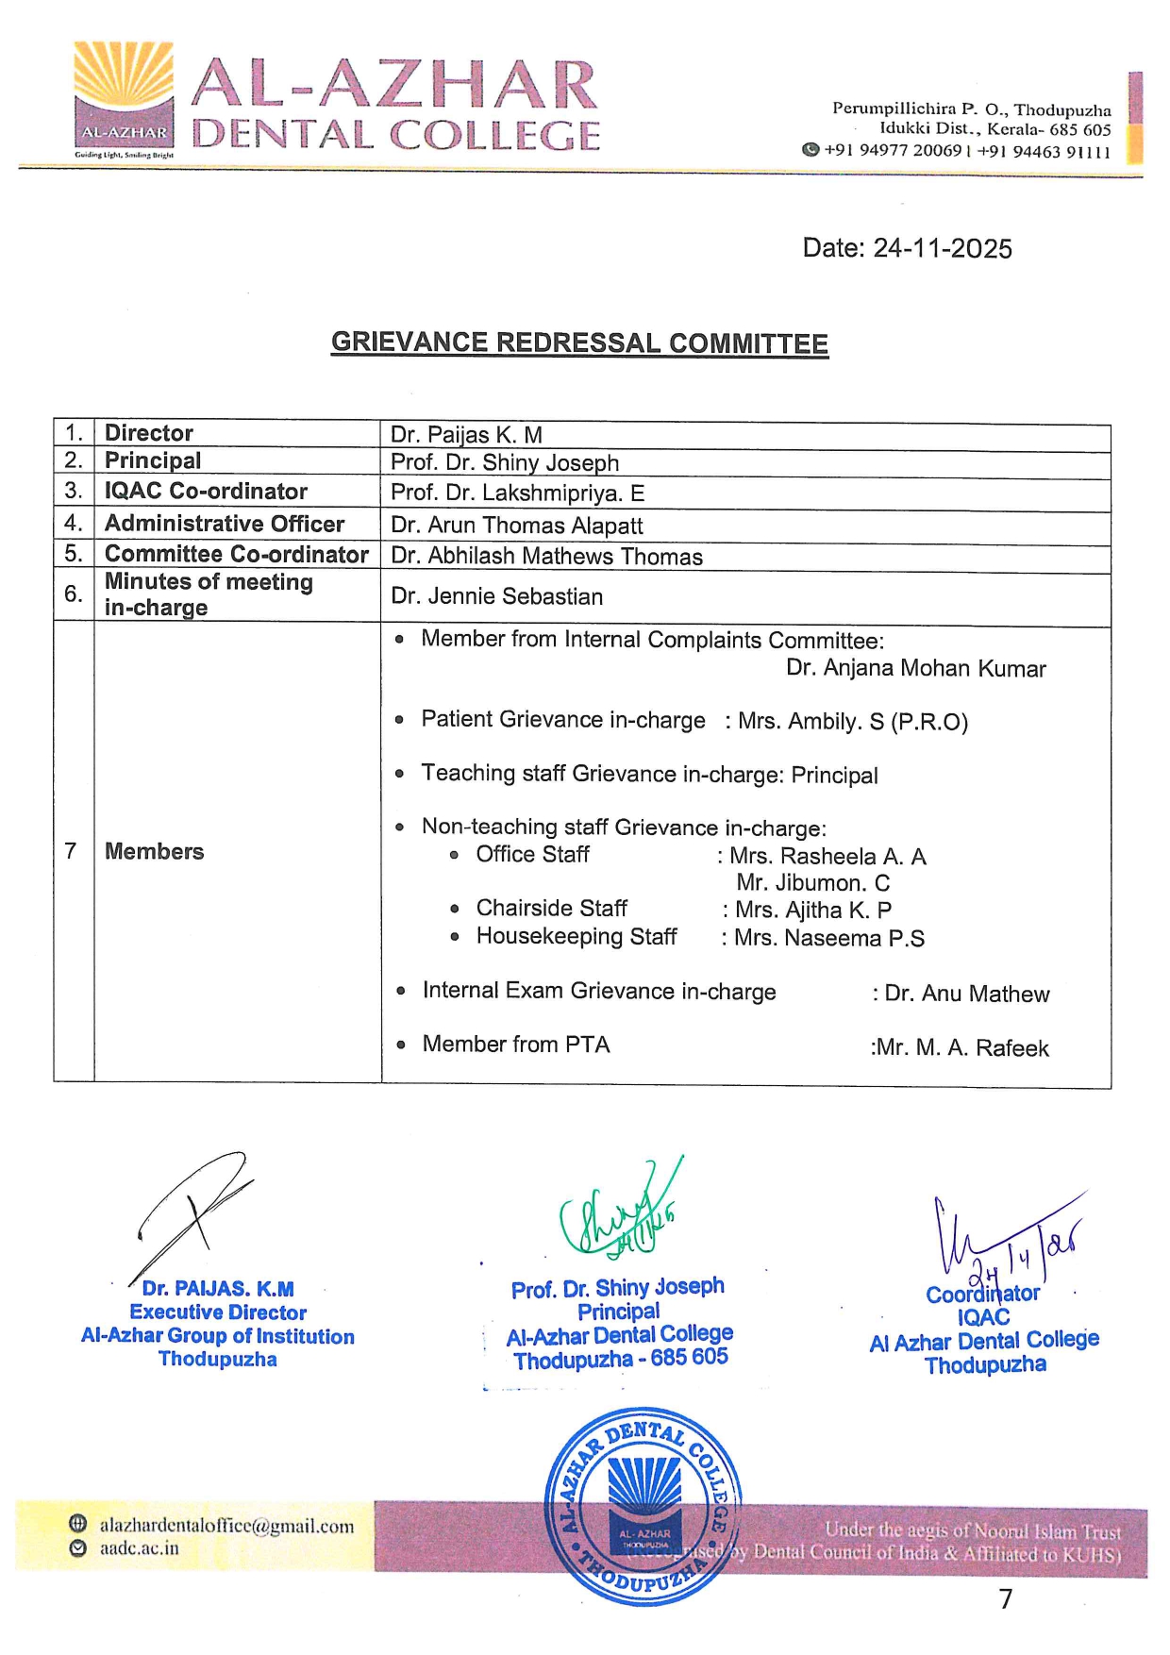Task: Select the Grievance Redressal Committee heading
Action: [x=579, y=343]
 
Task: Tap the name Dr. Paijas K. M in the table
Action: [x=466, y=435]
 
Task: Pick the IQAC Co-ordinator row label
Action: [x=206, y=492]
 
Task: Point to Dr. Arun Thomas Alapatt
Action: [x=516, y=526]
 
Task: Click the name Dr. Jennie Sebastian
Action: [x=496, y=596]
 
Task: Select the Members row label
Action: [x=154, y=851]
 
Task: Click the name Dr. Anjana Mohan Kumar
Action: [x=915, y=669]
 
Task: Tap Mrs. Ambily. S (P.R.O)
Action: [x=853, y=722]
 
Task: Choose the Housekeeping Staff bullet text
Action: [x=576, y=937]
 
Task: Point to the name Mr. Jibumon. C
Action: [x=812, y=883]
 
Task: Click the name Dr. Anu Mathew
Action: [x=966, y=994]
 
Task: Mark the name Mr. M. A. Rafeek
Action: [x=961, y=1048]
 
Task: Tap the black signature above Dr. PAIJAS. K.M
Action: [x=193, y=1212]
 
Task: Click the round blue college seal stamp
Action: [x=643, y=1506]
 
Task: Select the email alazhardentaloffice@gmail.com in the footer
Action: [x=226, y=1526]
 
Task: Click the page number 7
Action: [x=1006, y=1598]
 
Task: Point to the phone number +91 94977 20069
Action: [x=892, y=150]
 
